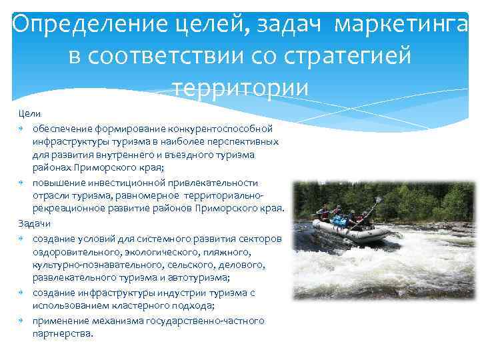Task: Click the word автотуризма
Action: (x=203, y=278)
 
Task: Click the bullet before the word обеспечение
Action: (x=22, y=128)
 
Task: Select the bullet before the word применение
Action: (x=22, y=321)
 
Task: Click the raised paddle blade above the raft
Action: (x=379, y=199)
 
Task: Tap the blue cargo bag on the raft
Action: (x=341, y=220)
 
